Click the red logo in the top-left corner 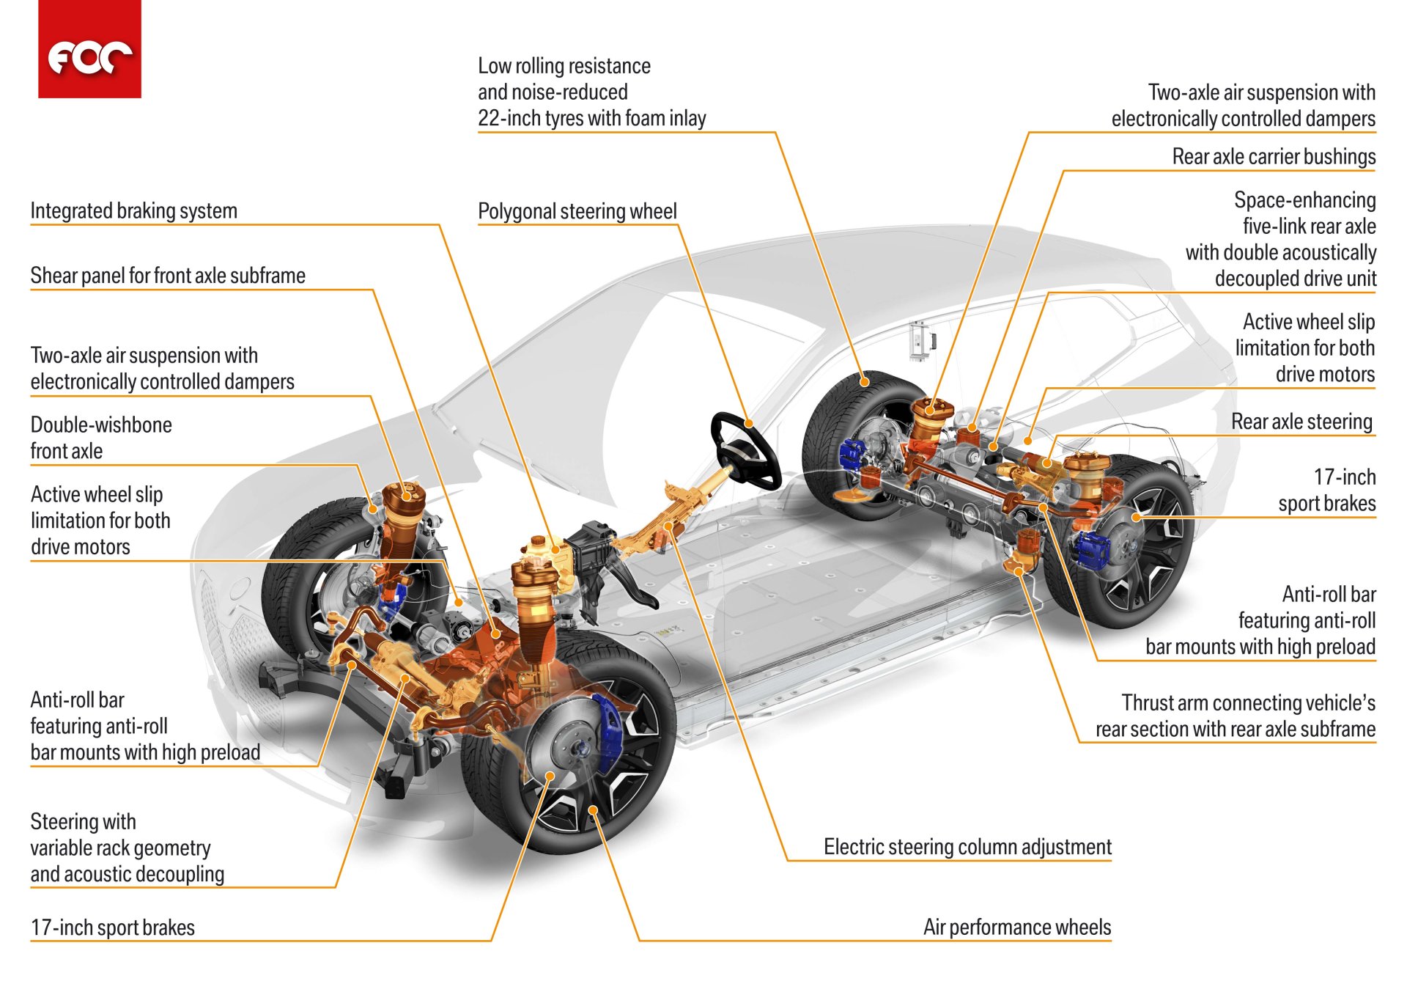click(x=89, y=49)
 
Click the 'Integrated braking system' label click(x=133, y=211)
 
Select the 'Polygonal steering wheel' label click(x=577, y=212)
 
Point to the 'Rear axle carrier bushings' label click(x=1274, y=157)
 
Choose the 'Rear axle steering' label click(x=1301, y=422)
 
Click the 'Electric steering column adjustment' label click(x=967, y=847)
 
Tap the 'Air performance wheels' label click(x=1017, y=928)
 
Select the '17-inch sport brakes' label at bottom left click(x=113, y=928)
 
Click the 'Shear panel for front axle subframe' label click(x=168, y=276)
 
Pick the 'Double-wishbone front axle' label click(x=101, y=438)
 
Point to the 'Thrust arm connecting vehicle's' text click(x=1248, y=703)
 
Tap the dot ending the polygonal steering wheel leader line click(x=750, y=424)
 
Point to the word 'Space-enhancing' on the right click(x=1304, y=200)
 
